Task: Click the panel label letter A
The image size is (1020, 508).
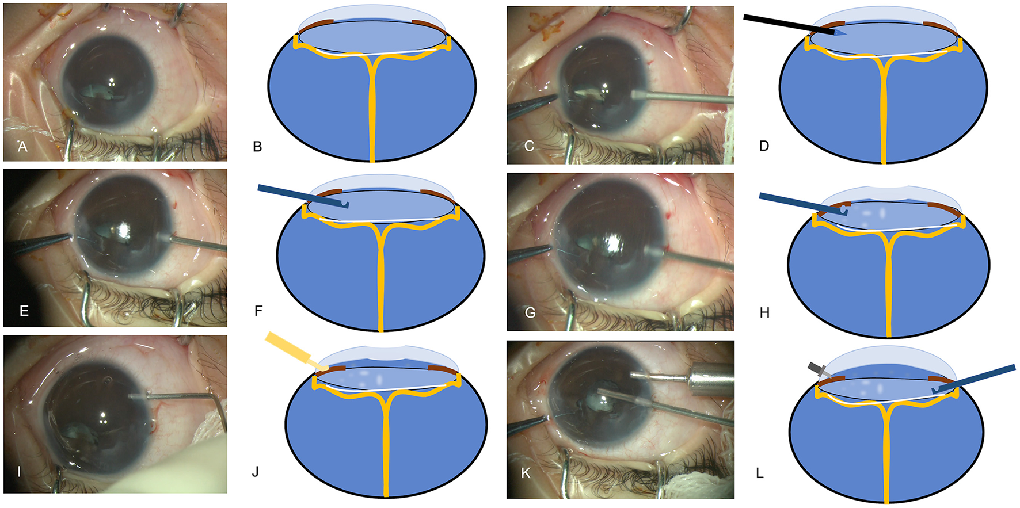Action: tap(22, 147)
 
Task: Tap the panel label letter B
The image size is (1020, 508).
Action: tap(257, 147)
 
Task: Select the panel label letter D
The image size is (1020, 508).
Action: tap(764, 146)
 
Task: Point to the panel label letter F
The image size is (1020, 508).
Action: tap(258, 311)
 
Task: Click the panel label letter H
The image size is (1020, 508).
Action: tap(764, 313)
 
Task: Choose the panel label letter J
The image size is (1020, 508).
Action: tap(255, 472)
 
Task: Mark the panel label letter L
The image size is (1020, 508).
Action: tap(760, 474)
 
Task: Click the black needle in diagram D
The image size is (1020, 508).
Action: tap(789, 26)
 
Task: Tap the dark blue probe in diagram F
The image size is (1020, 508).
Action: tap(299, 196)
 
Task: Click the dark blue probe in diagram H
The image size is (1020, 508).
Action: tap(800, 204)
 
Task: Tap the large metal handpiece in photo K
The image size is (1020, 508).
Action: tap(713, 379)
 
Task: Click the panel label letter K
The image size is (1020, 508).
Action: tap(526, 474)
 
